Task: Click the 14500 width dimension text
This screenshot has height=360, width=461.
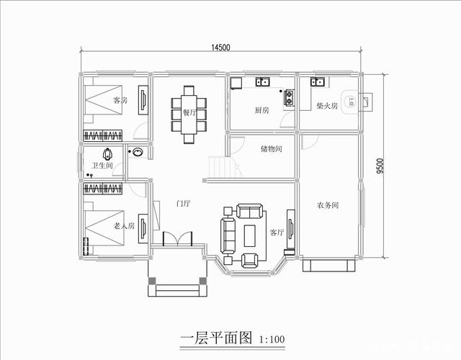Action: point(220,48)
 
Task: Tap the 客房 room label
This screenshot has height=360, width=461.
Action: point(120,101)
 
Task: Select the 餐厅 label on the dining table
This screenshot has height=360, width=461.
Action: point(189,112)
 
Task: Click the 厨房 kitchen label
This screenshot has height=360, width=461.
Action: point(261,111)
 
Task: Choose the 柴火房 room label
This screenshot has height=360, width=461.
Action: point(327,106)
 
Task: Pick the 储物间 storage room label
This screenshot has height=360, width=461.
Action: point(271,149)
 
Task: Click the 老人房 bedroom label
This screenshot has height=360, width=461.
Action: point(124,226)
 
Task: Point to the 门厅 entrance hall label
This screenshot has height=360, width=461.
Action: point(183,203)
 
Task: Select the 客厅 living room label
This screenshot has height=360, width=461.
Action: point(277,233)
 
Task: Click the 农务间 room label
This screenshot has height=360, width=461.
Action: point(328,205)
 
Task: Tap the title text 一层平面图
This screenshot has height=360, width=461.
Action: point(214,336)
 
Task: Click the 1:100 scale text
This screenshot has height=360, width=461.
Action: point(270,338)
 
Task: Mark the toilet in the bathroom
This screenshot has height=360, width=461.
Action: point(108,154)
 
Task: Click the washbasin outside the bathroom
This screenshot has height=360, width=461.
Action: point(137,153)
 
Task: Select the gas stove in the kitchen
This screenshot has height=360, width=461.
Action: point(289,94)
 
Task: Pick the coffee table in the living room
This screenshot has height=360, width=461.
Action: point(250,235)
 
